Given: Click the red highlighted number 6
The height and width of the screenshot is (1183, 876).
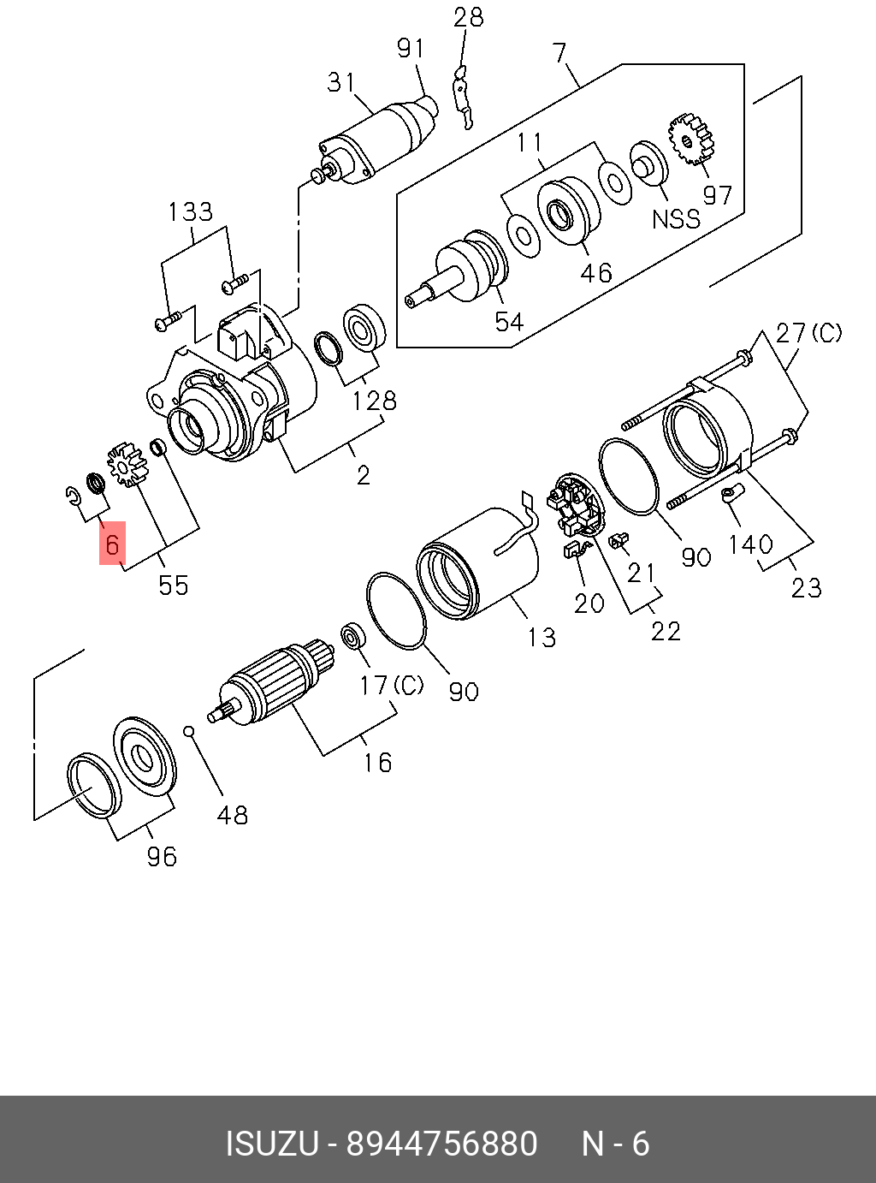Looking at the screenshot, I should point(112,544).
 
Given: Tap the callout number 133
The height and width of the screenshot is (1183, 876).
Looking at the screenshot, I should point(190,211).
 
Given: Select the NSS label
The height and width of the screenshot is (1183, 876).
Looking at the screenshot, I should point(676,219).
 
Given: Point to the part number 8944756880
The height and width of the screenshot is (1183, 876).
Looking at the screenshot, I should point(441,1144).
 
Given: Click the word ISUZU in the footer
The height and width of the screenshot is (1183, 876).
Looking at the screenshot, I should point(271,1144).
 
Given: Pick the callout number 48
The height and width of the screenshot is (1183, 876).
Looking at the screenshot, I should point(232,815).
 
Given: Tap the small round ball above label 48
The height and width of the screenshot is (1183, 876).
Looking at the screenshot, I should point(190,731).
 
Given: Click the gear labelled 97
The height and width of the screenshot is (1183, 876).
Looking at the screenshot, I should point(692,140).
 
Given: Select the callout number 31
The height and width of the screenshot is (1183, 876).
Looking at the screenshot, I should point(341,82).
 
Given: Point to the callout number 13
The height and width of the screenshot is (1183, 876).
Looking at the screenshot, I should point(541,638).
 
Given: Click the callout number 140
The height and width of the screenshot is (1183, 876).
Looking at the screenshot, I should point(750,544).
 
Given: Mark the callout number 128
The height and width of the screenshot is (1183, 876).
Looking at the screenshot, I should point(375,400).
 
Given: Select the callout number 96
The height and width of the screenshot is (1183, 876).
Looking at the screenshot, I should point(161,856).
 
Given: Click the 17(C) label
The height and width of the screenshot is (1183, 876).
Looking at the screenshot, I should point(391,685).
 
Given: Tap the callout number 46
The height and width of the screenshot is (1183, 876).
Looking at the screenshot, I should point(596,272).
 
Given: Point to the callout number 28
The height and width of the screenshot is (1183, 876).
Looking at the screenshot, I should point(469,17).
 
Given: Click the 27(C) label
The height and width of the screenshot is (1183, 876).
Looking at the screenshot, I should point(808,333).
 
